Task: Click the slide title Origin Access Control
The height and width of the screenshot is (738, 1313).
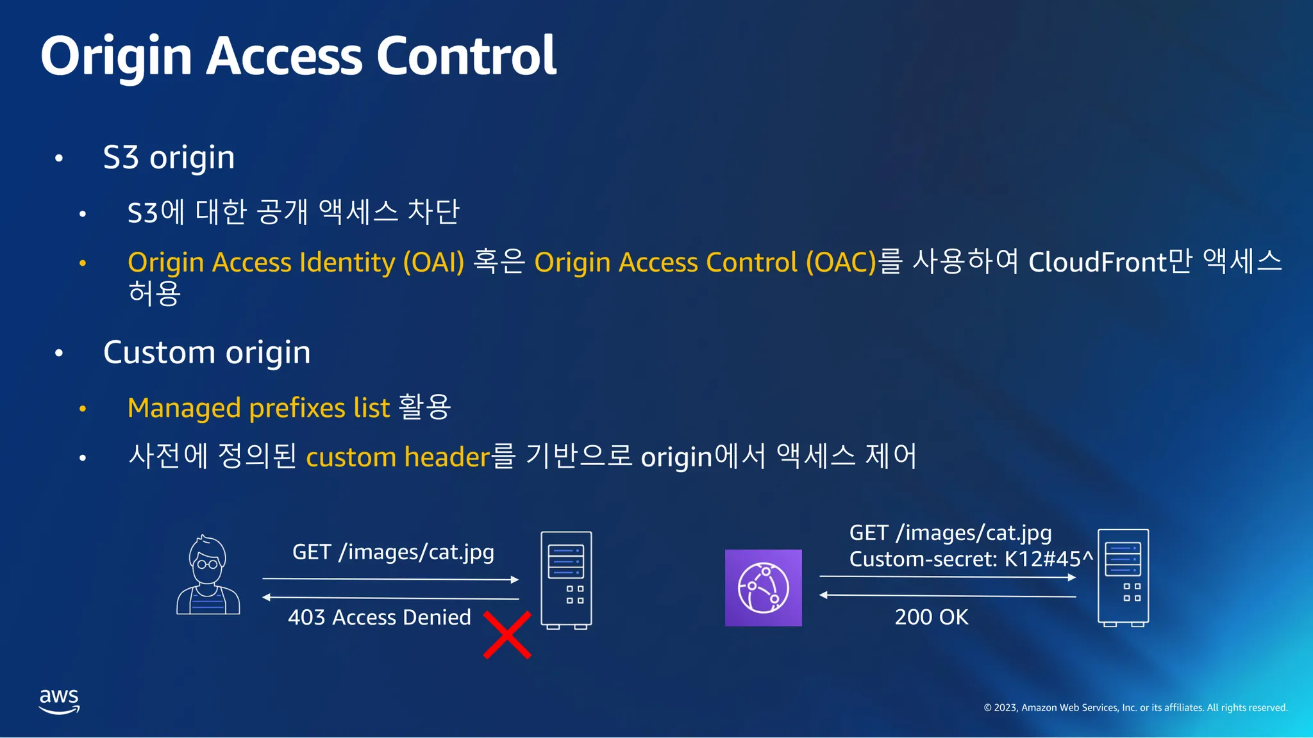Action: click(299, 57)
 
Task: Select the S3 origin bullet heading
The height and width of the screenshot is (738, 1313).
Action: click(169, 158)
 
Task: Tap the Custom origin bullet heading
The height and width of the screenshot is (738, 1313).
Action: click(207, 353)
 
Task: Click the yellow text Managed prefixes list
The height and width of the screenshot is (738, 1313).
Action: click(259, 408)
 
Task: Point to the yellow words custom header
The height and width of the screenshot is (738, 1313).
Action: click(398, 457)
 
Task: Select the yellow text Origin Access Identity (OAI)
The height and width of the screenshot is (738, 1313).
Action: click(296, 263)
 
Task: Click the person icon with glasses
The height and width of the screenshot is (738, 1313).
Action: click(208, 575)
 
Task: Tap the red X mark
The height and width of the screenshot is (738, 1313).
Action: click(507, 635)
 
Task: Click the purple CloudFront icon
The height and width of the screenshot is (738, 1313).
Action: click(764, 587)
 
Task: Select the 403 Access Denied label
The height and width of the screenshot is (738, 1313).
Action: click(380, 618)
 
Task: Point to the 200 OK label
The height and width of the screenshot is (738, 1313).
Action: click(932, 617)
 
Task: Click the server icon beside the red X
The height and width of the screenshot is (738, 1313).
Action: click(566, 580)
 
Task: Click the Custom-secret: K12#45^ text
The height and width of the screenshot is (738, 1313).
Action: click(971, 559)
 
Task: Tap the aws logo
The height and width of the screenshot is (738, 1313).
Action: click(60, 701)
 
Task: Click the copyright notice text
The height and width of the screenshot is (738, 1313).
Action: click(1135, 708)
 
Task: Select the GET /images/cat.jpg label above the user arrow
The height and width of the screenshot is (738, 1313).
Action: click(393, 552)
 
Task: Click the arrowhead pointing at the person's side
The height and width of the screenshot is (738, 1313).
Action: click(266, 598)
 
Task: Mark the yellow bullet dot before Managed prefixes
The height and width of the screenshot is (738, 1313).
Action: click(83, 409)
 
